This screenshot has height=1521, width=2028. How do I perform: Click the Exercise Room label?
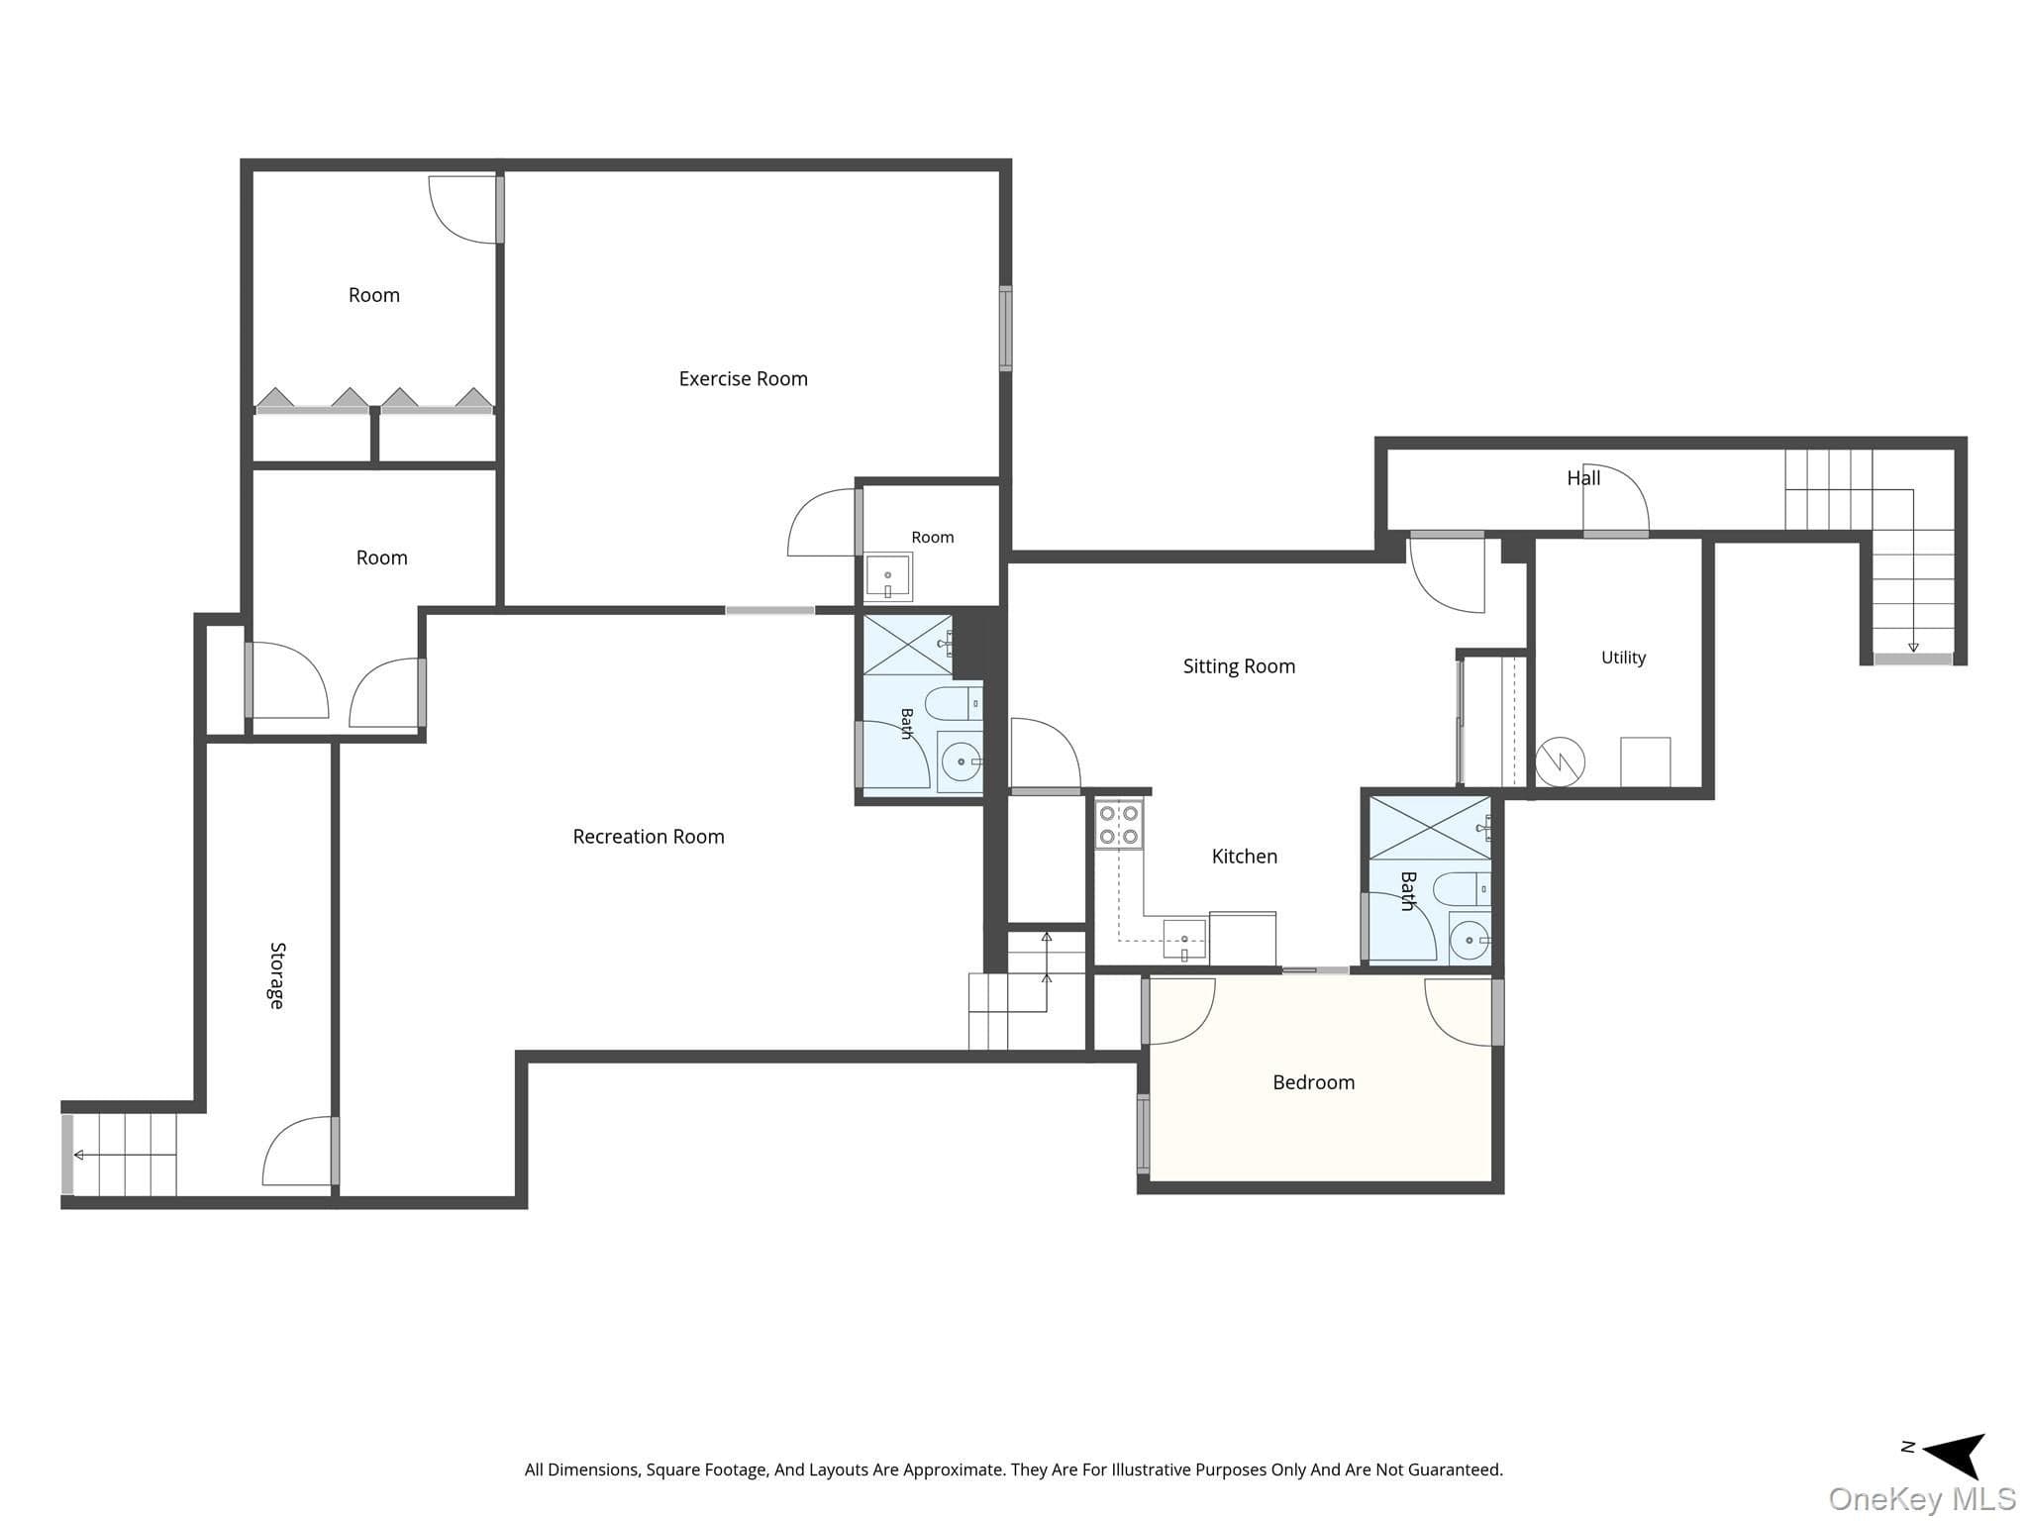743,378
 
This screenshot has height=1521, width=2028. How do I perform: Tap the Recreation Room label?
649,837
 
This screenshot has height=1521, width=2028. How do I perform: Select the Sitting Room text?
1239,666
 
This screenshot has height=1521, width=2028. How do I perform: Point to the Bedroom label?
1313,1082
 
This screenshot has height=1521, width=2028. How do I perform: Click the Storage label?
277,975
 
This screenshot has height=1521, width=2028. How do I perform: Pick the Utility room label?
1623,658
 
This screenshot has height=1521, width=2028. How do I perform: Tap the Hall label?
1583,478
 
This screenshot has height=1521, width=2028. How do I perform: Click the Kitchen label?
1245,857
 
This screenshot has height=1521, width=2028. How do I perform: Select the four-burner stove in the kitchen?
1119,824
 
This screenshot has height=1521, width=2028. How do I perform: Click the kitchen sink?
1184,940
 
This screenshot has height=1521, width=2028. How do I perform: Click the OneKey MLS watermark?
1922,1499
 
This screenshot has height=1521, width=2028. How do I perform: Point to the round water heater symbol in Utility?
1560,761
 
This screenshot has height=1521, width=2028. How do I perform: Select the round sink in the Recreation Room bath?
961,761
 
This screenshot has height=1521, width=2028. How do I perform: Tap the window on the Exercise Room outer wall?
1005,329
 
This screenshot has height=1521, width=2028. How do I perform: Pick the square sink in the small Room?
888,576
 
